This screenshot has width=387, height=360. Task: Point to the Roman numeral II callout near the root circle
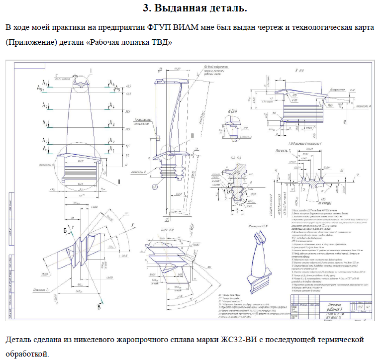tap(119, 182)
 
